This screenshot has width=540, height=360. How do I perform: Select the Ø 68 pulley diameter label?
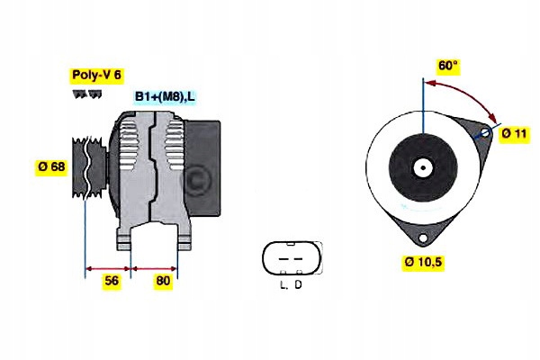(x=49, y=166)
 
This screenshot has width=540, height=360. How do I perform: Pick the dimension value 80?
(x=163, y=281)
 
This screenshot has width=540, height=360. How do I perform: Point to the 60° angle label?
(x=448, y=66)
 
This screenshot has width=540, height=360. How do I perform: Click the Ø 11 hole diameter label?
(x=514, y=134)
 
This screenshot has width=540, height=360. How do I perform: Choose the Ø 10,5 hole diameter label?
(x=422, y=262)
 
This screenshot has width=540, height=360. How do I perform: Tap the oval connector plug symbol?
(x=290, y=259)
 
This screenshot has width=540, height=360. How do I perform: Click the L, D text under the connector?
(x=290, y=285)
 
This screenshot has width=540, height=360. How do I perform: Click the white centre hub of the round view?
(x=421, y=166)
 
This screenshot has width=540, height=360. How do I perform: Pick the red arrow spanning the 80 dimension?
(x=155, y=267)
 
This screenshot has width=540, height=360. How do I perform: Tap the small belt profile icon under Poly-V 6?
(x=84, y=94)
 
